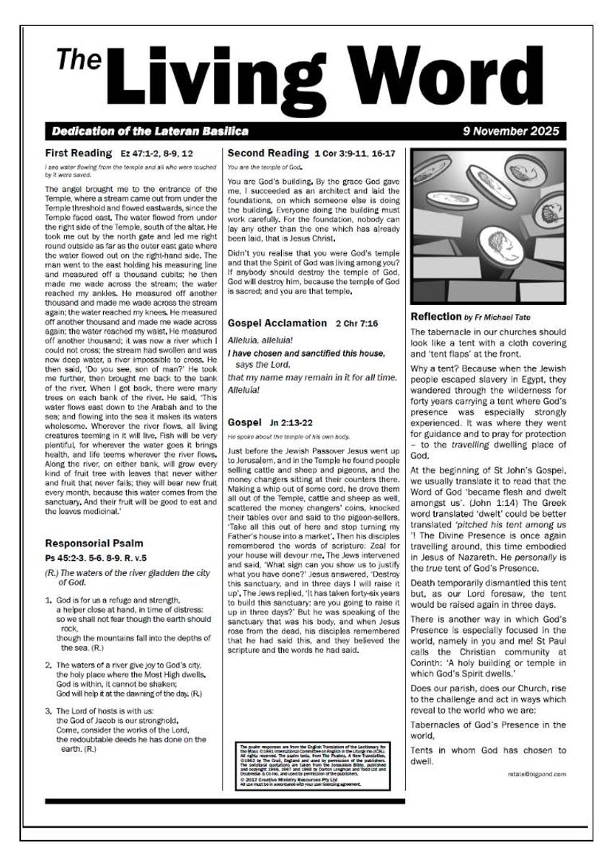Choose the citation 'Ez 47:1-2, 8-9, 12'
coord(157,154)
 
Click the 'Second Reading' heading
coord(267,154)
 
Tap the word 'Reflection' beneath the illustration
coord(435,316)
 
